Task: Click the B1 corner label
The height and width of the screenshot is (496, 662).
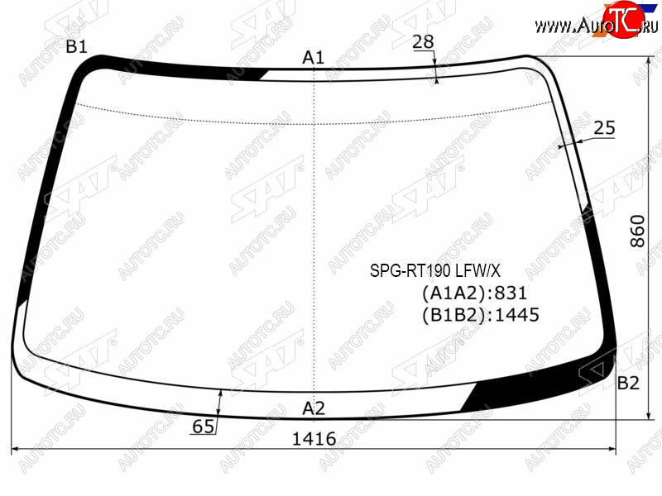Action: point(76,47)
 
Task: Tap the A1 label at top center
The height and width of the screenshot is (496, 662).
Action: point(314,57)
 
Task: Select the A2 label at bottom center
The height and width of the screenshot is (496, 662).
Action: point(314,408)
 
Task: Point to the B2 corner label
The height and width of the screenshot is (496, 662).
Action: point(628,383)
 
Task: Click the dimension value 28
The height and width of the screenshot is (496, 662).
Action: point(423,42)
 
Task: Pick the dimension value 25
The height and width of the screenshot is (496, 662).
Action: point(605,128)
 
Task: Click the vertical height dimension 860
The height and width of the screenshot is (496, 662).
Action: point(637,231)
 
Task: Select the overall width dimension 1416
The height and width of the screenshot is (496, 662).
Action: point(314,439)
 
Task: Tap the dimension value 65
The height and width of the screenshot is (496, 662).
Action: point(203,427)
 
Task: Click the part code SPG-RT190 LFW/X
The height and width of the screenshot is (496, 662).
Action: point(435,270)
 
